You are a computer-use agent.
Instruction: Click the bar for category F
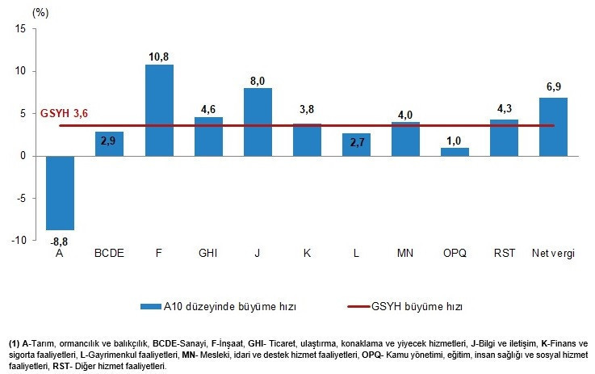pyautogui.click(x=159, y=110)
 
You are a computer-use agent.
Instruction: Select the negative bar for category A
pyautogui.click(x=60, y=193)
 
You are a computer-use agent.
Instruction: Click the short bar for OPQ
pyautogui.click(x=455, y=152)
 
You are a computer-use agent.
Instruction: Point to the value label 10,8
pyautogui.click(x=159, y=57)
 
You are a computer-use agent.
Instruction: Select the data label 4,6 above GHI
pyautogui.click(x=208, y=109)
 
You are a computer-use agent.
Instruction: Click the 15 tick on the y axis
pyautogui.click(x=21, y=29)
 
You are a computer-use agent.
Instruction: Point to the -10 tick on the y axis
pyautogui.click(x=19, y=241)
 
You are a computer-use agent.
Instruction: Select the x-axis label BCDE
pyautogui.click(x=109, y=254)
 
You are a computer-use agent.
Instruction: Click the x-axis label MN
pyautogui.click(x=405, y=254)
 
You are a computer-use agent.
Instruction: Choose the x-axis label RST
pyautogui.click(x=504, y=254)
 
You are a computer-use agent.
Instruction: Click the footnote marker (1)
pyautogui.click(x=13, y=343)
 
